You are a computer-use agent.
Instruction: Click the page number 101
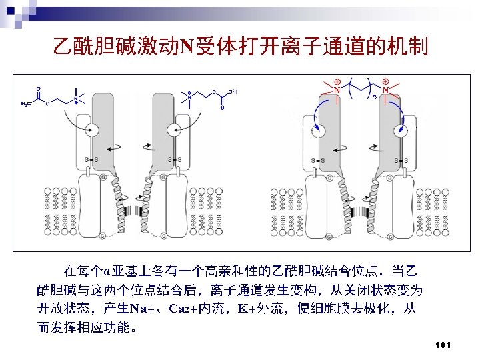point(443,345)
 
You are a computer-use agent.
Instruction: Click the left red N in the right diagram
point(337,90)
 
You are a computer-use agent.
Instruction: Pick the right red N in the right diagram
point(385,90)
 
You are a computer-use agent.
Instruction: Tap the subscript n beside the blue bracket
point(374,97)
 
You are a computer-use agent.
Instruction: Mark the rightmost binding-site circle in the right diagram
point(401,129)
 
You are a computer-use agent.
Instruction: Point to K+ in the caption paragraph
point(239,309)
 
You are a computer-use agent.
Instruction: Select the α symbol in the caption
point(106,271)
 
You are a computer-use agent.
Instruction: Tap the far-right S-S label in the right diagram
point(401,160)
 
